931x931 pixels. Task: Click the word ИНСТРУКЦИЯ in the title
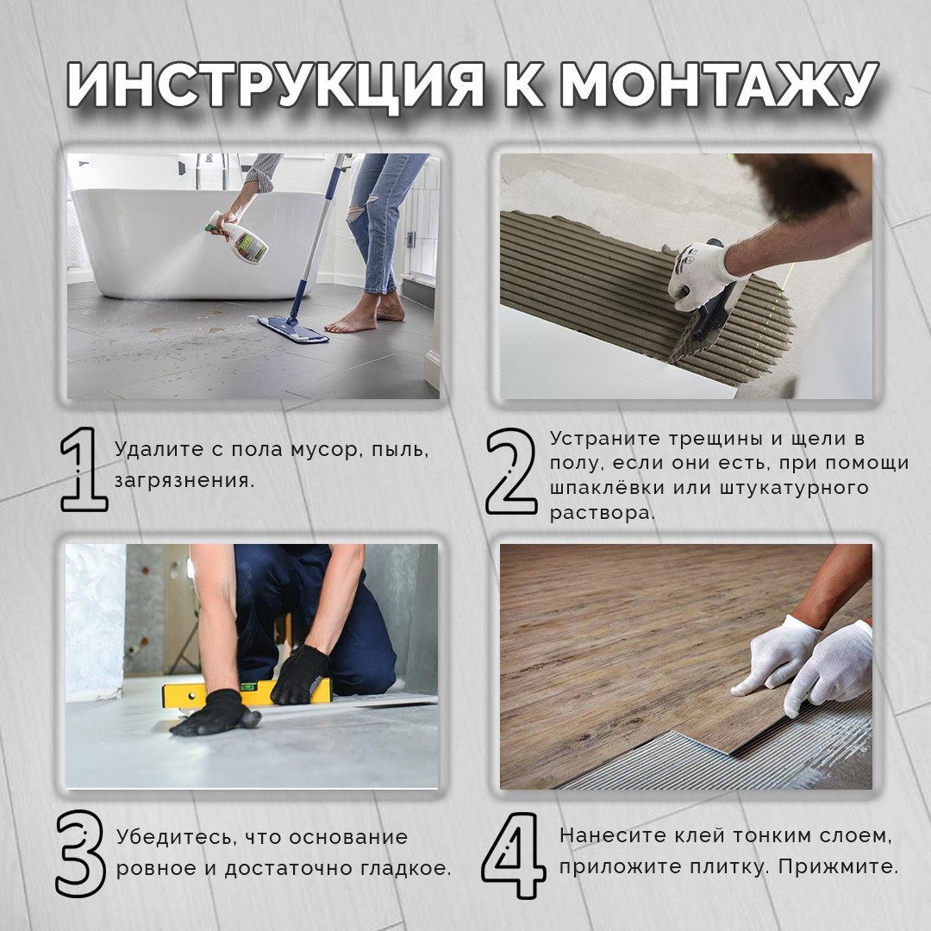coord(276,84)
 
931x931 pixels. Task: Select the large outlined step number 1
coord(84,469)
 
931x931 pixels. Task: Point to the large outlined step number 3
coord(81,853)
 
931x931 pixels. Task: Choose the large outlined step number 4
coord(514,855)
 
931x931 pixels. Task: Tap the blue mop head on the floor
coord(293,330)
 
